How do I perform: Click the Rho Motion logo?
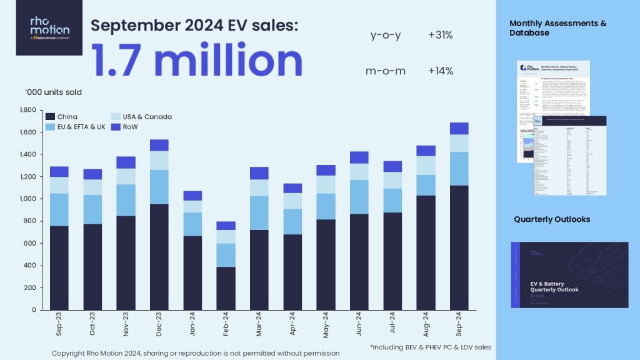point(49,28)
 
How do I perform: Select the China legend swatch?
point(50,117)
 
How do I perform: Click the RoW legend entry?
point(127,127)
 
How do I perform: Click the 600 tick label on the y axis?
point(30,243)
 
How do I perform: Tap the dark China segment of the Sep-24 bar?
point(459,247)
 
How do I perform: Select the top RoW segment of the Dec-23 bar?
point(159,145)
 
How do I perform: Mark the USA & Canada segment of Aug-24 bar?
point(426,165)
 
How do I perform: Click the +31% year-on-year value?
point(441,36)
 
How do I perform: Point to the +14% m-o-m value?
point(441,71)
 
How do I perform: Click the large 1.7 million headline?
point(197,61)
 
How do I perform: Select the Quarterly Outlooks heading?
point(552,219)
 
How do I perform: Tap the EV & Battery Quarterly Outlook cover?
point(569,275)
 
